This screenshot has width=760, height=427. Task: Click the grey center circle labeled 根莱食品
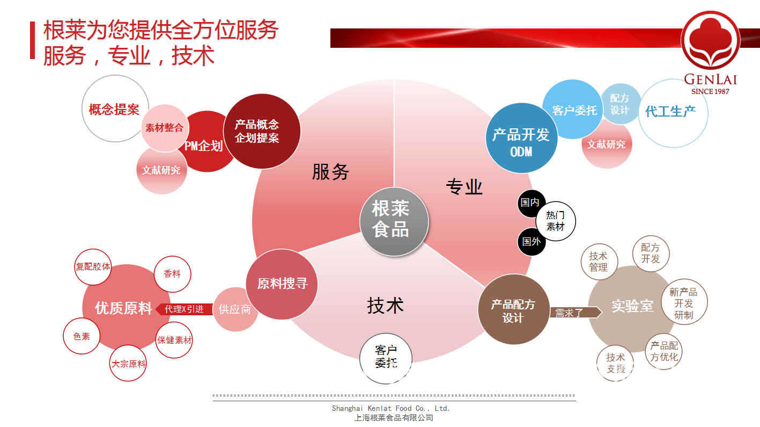tap(394, 220)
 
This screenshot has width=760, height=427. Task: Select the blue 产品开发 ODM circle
tap(521, 139)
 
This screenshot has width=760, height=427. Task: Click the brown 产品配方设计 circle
tap(513, 310)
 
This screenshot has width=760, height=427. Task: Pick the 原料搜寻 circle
tap(282, 284)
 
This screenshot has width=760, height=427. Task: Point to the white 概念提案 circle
tap(114, 109)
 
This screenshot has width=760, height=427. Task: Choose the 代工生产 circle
tap(673, 112)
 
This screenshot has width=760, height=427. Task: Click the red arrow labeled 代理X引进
tap(183, 309)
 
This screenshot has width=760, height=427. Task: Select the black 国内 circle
tap(530, 202)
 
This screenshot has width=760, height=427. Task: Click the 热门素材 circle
tap(555, 221)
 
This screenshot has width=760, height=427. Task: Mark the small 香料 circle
tap(172, 273)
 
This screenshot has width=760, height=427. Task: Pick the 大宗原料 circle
tap(128, 364)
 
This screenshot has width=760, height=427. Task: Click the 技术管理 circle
tap(598, 262)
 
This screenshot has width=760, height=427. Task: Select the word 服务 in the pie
tap(330, 172)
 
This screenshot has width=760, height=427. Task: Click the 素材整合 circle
tap(165, 128)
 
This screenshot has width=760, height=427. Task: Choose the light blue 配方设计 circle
tap(620, 104)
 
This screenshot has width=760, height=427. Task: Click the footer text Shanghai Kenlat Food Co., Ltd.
tap(390, 408)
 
